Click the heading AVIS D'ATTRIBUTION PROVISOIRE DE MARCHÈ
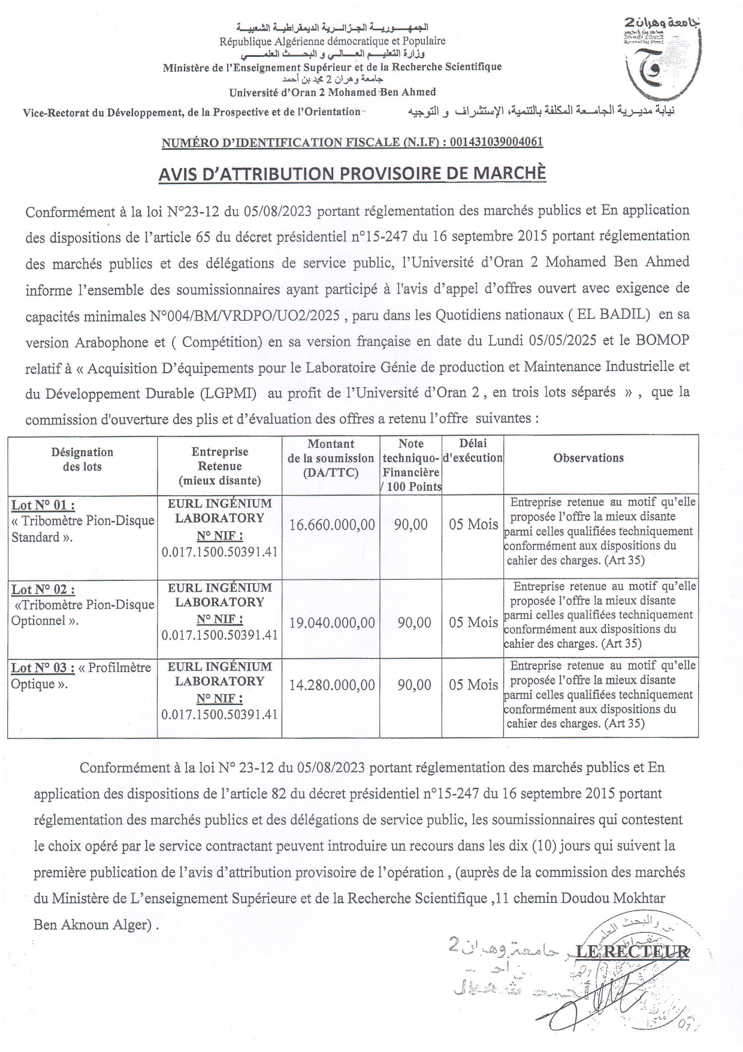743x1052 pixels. coord(352,173)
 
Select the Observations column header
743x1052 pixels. coord(588,458)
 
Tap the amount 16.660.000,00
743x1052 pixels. coord(332,525)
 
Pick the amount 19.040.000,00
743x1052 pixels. coord(332,623)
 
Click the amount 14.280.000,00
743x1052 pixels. coord(332,685)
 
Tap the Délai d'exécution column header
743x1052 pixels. coord(473,451)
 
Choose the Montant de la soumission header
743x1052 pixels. coord(331,458)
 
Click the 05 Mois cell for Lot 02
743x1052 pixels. coord(473,623)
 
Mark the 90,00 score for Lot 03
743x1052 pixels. coord(414,685)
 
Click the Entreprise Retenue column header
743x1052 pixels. coord(219,466)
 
